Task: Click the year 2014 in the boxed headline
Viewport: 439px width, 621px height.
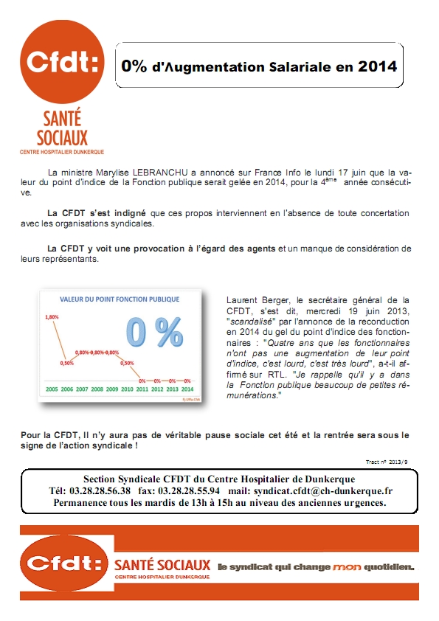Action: click(377, 66)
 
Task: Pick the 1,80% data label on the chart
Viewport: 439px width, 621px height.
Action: click(52, 317)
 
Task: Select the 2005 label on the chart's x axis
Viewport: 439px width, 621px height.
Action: click(52, 387)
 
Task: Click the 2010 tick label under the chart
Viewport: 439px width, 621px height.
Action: click(127, 387)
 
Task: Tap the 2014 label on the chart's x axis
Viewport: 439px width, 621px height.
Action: click(188, 387)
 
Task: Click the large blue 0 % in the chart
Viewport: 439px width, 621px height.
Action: click(153, 333)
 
